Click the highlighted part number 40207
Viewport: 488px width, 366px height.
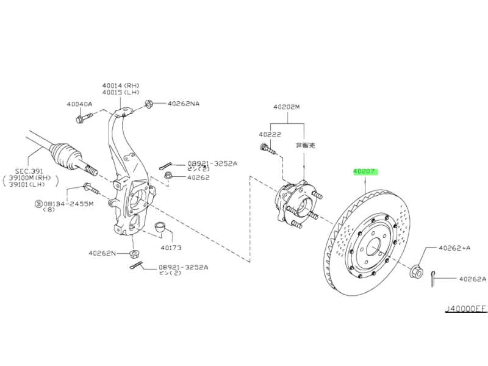pyautogui.click(x=365, y=171)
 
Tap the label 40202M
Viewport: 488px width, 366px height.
pyautogui.click(x=287, y=107)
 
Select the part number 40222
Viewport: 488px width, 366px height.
pyautogui.click(x=270, y=134)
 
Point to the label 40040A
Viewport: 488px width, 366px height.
pyautogui.click(x=79, y=104)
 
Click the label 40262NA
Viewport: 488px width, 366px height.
pyautogui.click(x=184, y=104)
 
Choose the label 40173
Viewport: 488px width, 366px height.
pyautogui.click(x=171, y=248)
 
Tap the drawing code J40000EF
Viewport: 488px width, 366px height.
pyautogui.click(x=466, y=309)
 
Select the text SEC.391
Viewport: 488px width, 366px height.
pyautogui.click(x=29, y=171)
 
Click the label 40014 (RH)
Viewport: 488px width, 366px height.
pyautogui.click(x=121, y=85)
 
